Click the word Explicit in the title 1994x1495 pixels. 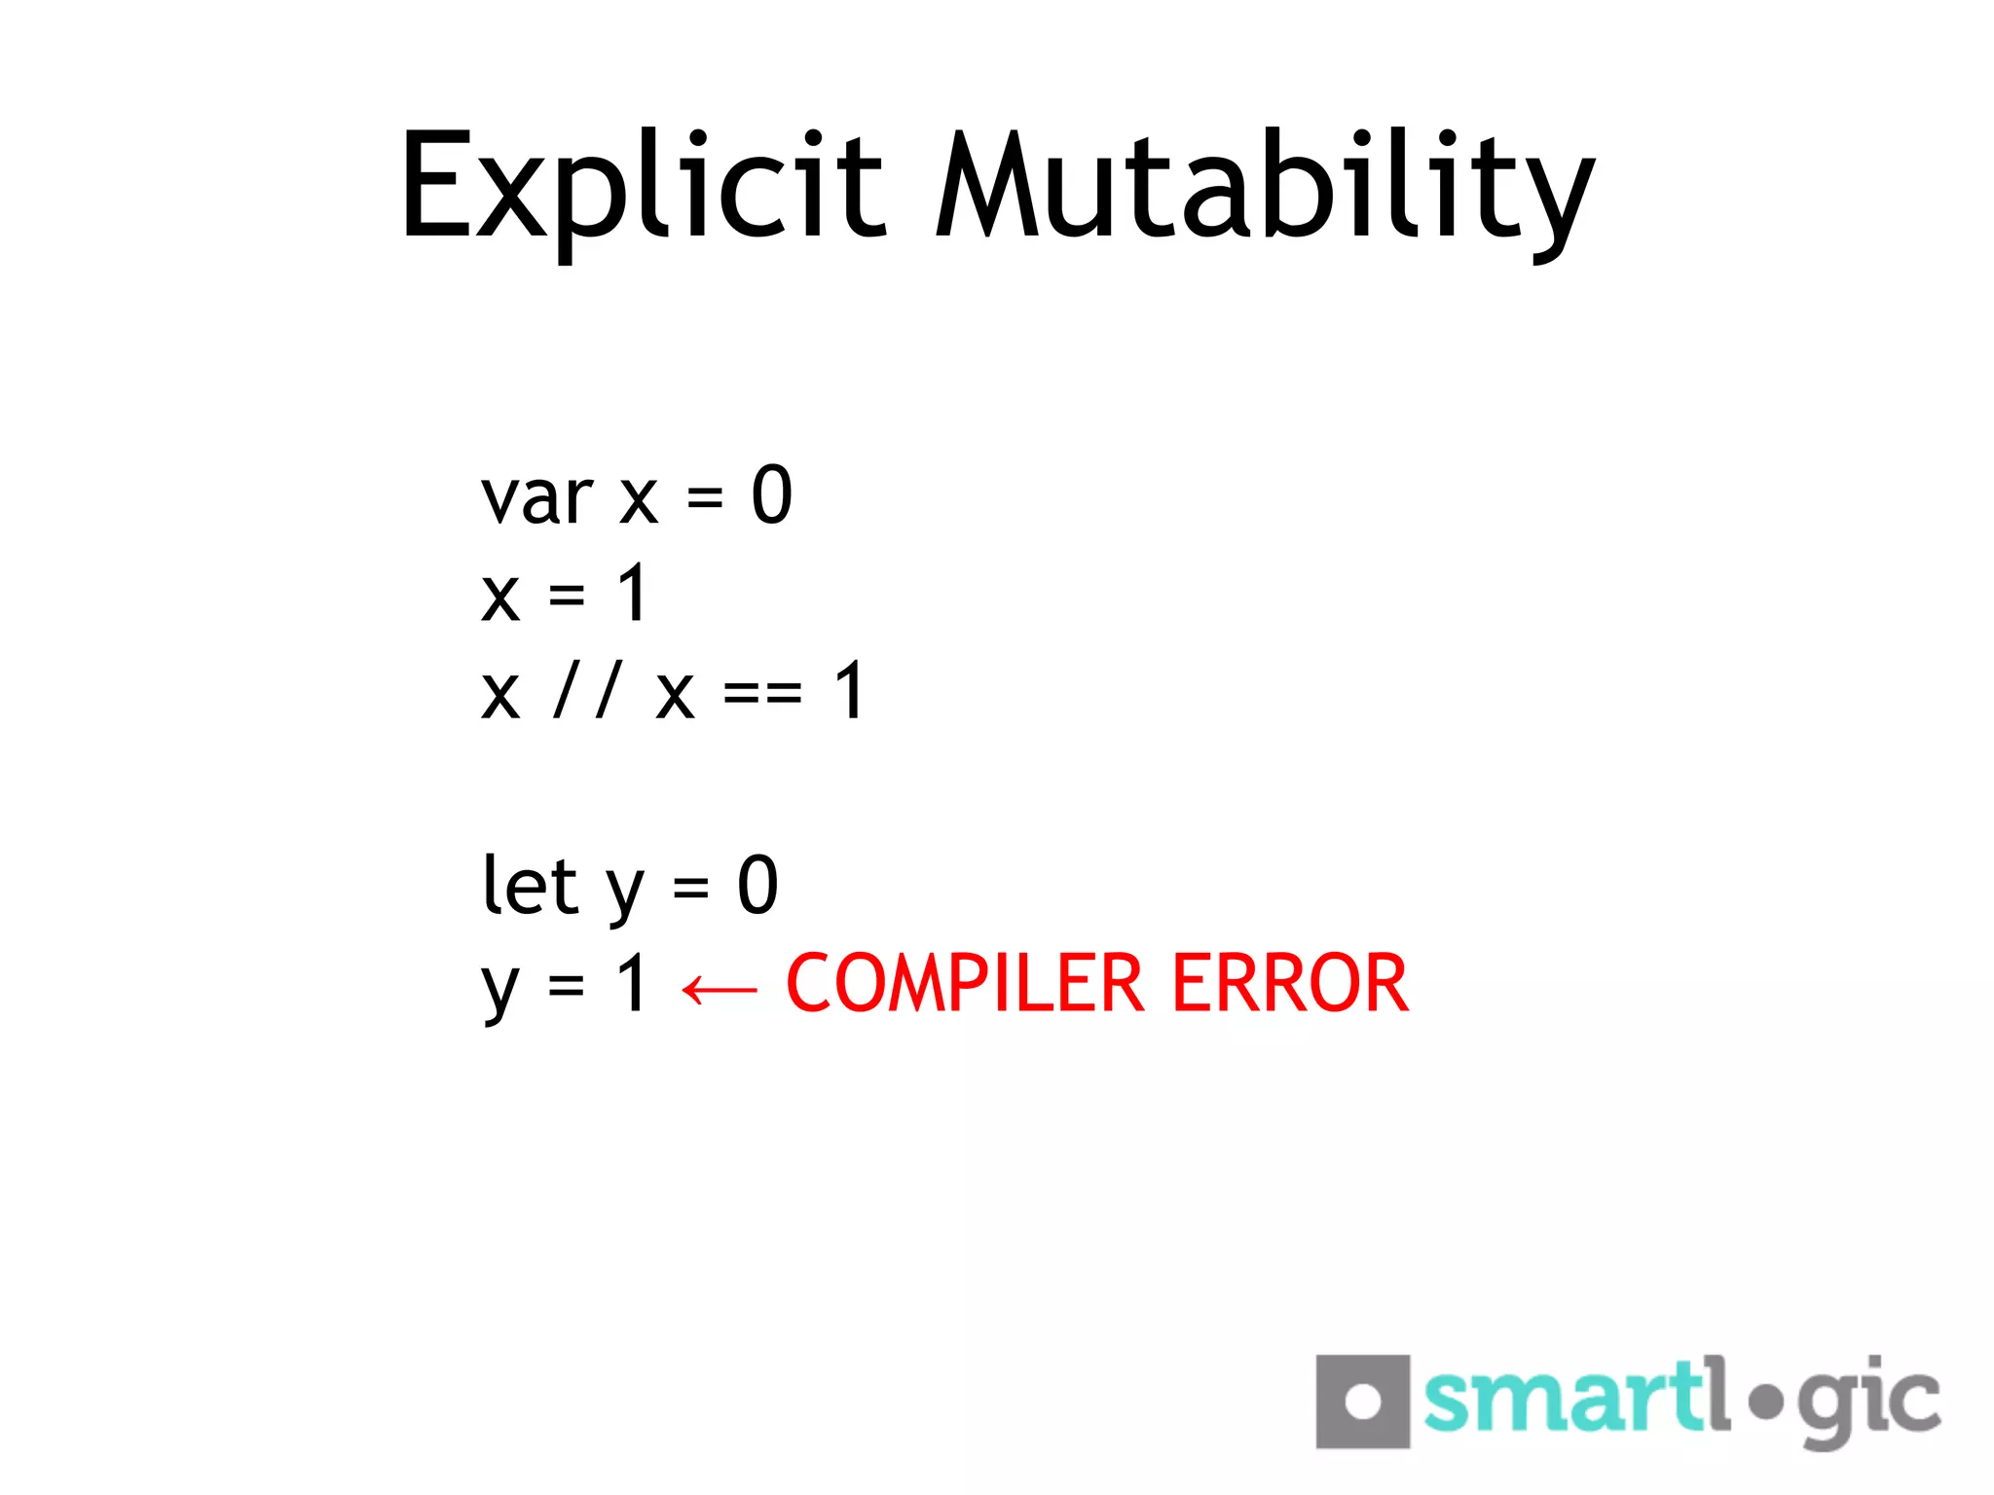[x=643, y=187]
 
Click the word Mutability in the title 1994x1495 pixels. [x=1264, y=187]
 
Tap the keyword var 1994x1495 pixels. [x=536, y=499]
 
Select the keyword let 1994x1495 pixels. [x=531, y=886]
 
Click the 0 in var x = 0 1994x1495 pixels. [x=772, y=495]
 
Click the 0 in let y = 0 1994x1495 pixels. [x=757, y=886]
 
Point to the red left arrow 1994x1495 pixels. [x=720, y=990]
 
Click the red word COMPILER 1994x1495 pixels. [x=964, y=984]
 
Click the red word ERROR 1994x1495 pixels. [x=1290, y=984]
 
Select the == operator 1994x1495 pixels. [x=762, y=694]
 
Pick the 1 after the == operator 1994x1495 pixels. [x=850, y=691]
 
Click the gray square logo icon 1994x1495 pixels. [x=1362, y=1402]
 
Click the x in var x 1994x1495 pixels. [x=639, y=501]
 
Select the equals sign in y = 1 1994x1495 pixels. [x=566, y=986]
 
